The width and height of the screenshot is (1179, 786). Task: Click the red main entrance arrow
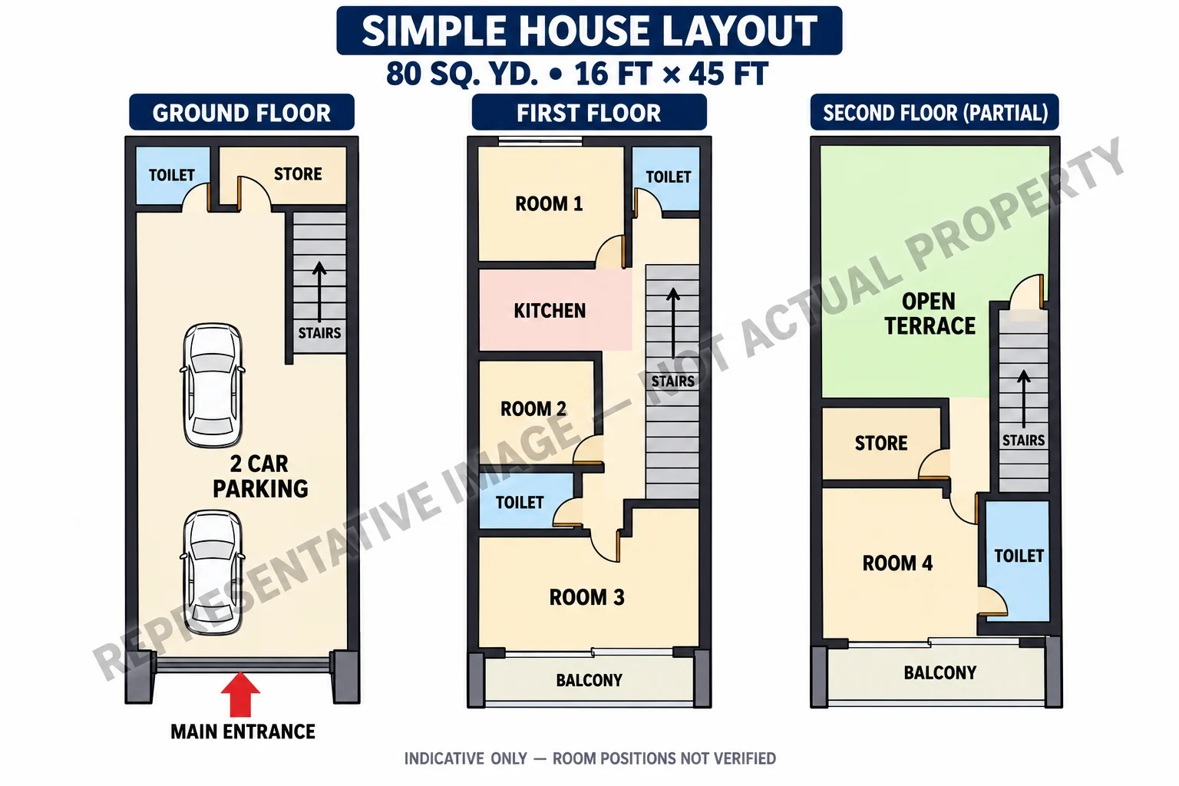click(240, 694)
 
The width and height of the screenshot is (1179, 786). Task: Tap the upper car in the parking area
click(213, 385)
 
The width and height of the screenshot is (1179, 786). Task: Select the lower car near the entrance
click(213, 572)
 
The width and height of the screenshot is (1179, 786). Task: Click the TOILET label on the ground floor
click(172, 175)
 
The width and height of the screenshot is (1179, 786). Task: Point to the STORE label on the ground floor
click(298, 173)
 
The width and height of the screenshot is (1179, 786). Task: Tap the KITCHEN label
click(550, 311)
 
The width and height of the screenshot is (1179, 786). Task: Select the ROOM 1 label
click(549, 203)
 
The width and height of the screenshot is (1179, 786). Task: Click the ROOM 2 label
click(533, 408)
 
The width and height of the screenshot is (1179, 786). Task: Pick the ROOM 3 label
click(587, 597)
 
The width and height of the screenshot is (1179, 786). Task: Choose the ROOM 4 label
click(897, 563)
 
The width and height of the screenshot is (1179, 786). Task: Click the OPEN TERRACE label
click(930, 314)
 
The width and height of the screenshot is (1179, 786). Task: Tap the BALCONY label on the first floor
click(589, 680)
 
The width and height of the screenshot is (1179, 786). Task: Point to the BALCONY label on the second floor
click(940, 672)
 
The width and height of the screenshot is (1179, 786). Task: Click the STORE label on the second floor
click(881, 444)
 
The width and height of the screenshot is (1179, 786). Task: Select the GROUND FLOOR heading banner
click(242, 112)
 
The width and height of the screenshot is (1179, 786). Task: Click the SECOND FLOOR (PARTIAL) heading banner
click(935, 112)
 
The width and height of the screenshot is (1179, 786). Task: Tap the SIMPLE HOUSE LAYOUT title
click(589, 31)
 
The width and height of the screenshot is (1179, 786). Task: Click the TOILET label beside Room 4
click(1019, 556)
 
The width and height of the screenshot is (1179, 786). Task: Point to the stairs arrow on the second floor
click(1024, 398)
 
